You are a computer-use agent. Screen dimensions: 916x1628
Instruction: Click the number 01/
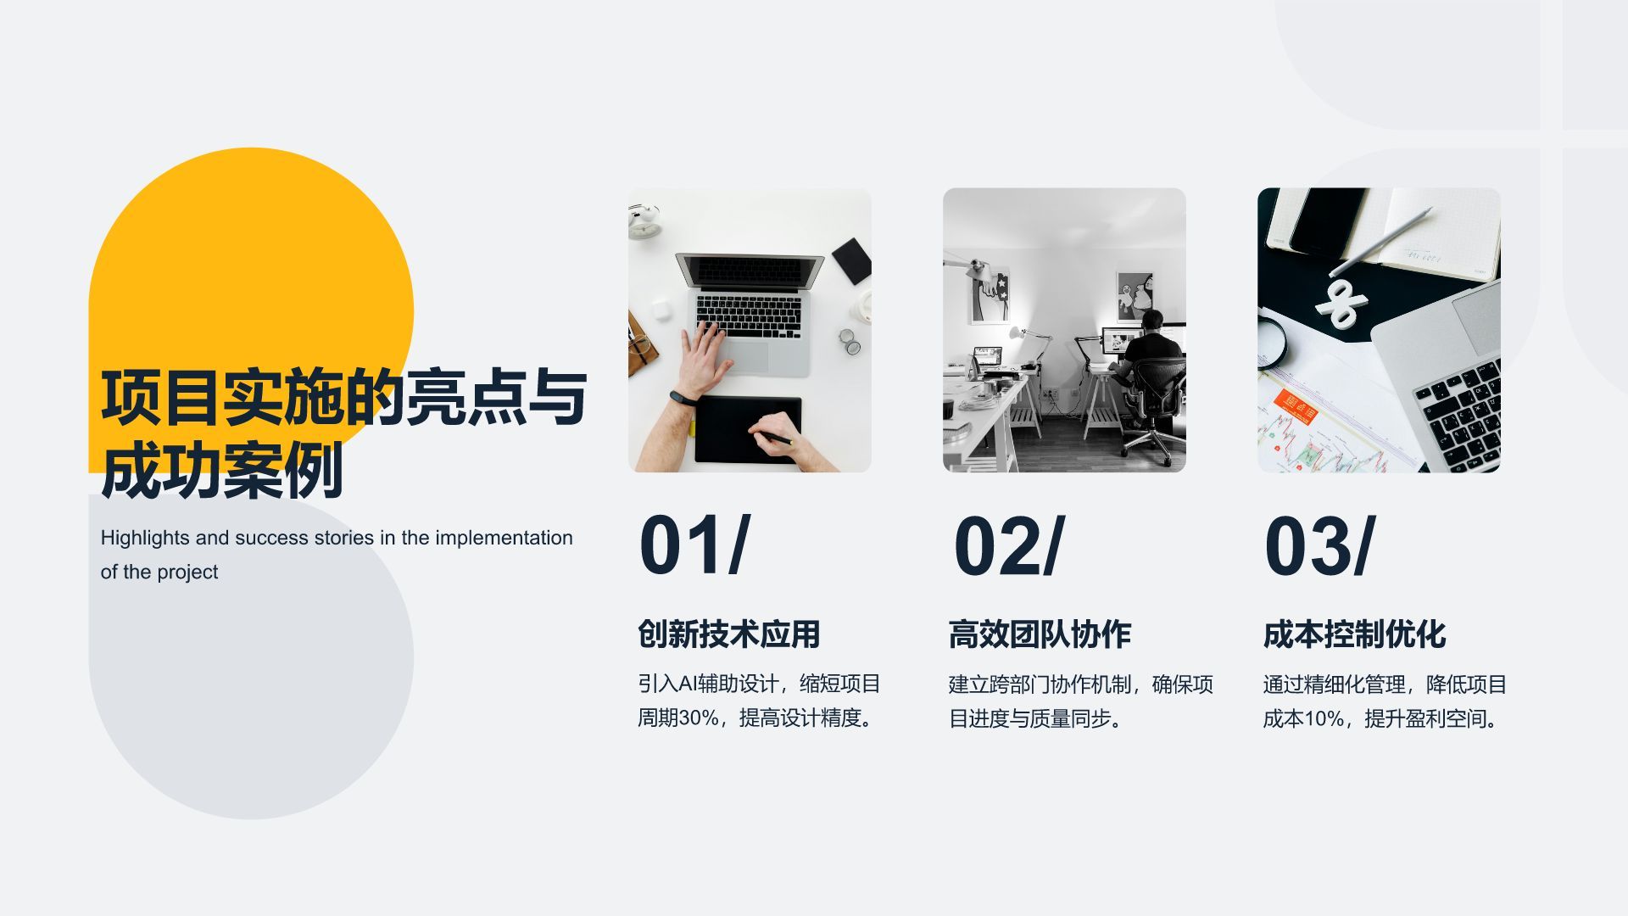694,546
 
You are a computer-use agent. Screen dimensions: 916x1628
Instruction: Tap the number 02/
1008,546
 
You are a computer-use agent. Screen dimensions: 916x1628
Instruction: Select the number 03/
1319,546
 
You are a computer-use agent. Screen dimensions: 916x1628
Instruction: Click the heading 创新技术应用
729,634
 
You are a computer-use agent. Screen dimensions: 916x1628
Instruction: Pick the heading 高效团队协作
1040,634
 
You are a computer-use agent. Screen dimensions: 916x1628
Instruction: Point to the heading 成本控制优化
1354,634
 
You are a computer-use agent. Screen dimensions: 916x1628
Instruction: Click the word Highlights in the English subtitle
144,538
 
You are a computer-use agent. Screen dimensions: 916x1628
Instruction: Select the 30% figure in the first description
699,718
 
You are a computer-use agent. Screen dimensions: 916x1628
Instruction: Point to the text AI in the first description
687,684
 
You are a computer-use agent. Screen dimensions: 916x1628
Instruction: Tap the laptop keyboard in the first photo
748,315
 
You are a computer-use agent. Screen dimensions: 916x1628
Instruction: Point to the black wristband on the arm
681,397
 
